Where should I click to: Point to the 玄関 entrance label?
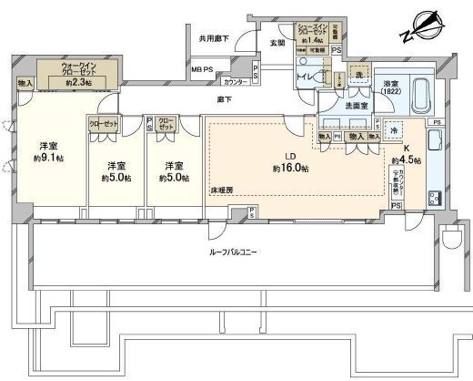point(277,43)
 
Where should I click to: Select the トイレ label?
point(304,78)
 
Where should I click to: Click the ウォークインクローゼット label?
point(82,73)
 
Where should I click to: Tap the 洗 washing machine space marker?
point(361,73)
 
